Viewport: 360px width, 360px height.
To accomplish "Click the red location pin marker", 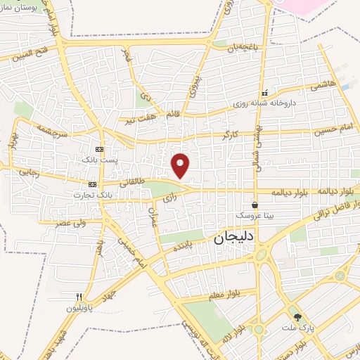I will click(181, 165).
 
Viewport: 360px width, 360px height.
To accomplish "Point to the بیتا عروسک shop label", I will click(253, 215).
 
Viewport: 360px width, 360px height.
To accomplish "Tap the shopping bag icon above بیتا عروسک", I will click(254, 205).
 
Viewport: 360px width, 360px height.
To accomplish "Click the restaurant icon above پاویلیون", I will click(79, 297).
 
